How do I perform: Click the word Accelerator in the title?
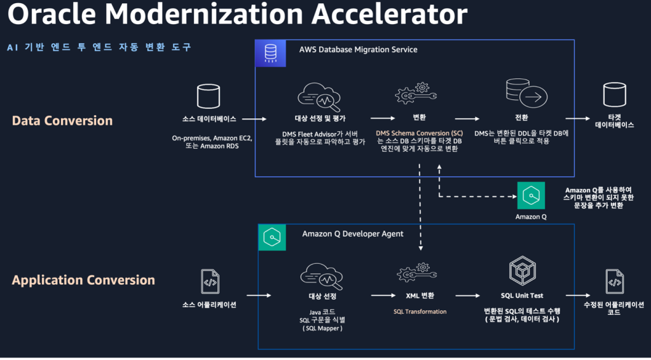pos(381,15)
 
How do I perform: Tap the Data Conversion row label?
pos(62,121)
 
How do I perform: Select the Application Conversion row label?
pos(83,280)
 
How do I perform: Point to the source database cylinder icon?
pos(209,96)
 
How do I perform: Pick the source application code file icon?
pos(209,280)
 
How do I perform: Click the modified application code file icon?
pos(614,280)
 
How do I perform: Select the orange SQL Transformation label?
pos(420,312)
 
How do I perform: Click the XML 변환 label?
pos(420,296)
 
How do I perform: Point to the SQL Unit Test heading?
pos(521,296)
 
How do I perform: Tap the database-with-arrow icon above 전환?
pos(521,94)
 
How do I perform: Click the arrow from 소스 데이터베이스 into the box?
pos(254,118)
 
